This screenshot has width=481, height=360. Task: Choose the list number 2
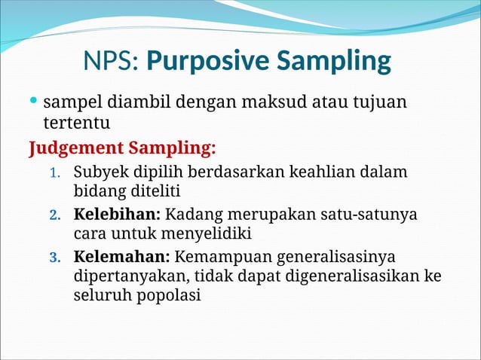[54, 215]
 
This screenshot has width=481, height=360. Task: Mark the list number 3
[54, 258]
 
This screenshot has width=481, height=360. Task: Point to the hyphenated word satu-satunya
[366, 214]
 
